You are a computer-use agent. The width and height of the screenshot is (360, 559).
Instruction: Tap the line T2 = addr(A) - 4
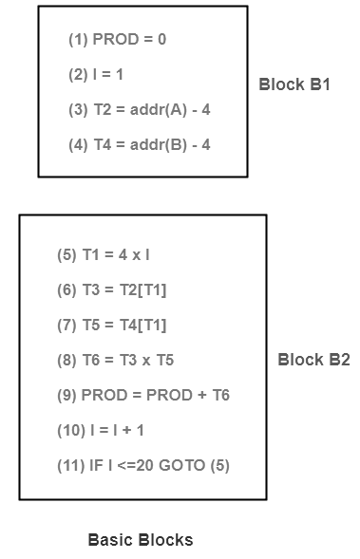(x=139, y=110)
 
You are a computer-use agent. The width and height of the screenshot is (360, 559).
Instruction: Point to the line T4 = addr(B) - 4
(x=139, y=145)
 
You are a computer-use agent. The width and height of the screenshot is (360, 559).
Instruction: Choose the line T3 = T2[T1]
(x=111, y=289)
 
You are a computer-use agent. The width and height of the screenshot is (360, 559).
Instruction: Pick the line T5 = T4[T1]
(x=111, y=325)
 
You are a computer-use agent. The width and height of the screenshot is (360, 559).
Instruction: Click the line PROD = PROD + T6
(x=142, y=395)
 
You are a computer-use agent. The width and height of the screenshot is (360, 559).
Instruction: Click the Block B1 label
(x=294, y=84)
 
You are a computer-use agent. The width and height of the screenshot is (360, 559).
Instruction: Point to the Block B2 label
(x=313, y=360)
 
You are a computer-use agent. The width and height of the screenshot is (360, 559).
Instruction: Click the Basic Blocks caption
(x=141, y=540)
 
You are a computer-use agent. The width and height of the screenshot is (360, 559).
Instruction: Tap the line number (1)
(x=78, y=40)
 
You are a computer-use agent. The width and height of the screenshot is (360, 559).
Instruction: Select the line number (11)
(x=72, y=465)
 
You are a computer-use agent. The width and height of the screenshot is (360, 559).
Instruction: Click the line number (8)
(x=66, y=360)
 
